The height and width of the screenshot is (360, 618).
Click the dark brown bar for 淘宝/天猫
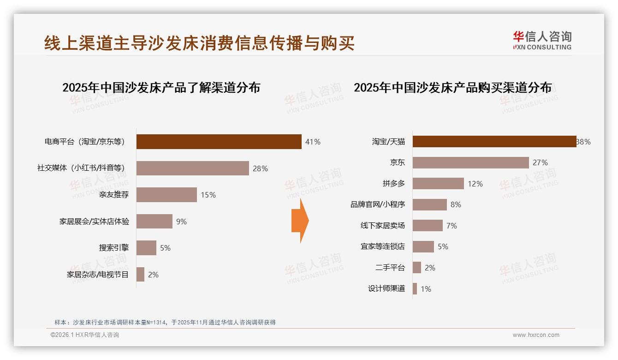pos(494,142)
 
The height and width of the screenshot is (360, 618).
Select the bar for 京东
pos(470,162)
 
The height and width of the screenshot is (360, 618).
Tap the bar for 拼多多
pos(438,184)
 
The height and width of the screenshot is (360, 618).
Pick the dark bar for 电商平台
pos(219,142)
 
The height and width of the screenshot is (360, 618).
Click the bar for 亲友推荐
pos(166,195)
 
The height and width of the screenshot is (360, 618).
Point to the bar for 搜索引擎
pos(146,248)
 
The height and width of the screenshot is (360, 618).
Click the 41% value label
pos(313,142)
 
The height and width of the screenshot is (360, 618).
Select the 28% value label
pos(260,168)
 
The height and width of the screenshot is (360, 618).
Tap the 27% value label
pos(540,162)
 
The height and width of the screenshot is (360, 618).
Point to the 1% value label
pos(426,289)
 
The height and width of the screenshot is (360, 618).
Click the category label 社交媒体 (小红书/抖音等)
pos(81,168)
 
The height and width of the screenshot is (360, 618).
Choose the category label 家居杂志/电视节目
pos(98,275)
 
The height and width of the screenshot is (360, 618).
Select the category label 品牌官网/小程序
pos(377,204)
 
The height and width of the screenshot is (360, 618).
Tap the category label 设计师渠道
pos(386,289)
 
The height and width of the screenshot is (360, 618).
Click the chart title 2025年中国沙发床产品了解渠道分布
pos(161,88)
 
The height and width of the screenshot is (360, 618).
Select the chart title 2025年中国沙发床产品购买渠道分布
pos(452,88)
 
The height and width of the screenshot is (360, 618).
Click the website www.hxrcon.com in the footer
pos(536,335)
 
